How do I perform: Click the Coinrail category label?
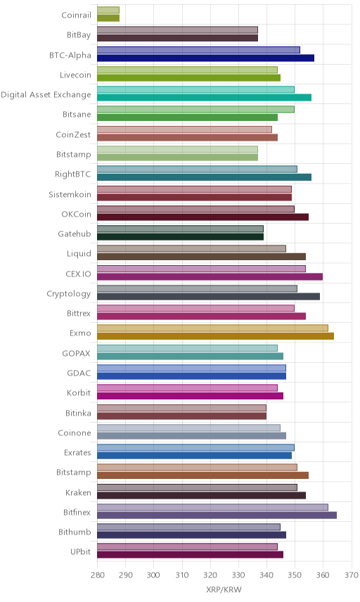click(76, 15)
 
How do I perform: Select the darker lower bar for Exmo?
click(215, 336)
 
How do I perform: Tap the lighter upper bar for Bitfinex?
click(212, 507)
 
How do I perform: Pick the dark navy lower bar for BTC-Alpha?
click(206, 58)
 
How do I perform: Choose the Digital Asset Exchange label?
click(46, 95)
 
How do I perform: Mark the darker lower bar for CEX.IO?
click(210, 277)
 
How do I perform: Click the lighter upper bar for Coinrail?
click(108, 10)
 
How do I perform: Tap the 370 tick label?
click(351, 575)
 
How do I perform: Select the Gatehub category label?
click(75, 233)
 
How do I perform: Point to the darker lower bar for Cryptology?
click(208, 296)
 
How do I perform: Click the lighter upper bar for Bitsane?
click(195, 110)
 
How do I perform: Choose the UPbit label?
click(80, 551)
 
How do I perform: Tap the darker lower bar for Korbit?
click(190, 396)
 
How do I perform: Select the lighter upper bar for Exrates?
click(195, 448)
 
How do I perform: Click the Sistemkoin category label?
click(70, 194)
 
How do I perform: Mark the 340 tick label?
click(266, 575)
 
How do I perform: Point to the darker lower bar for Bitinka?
click(181, 416)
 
